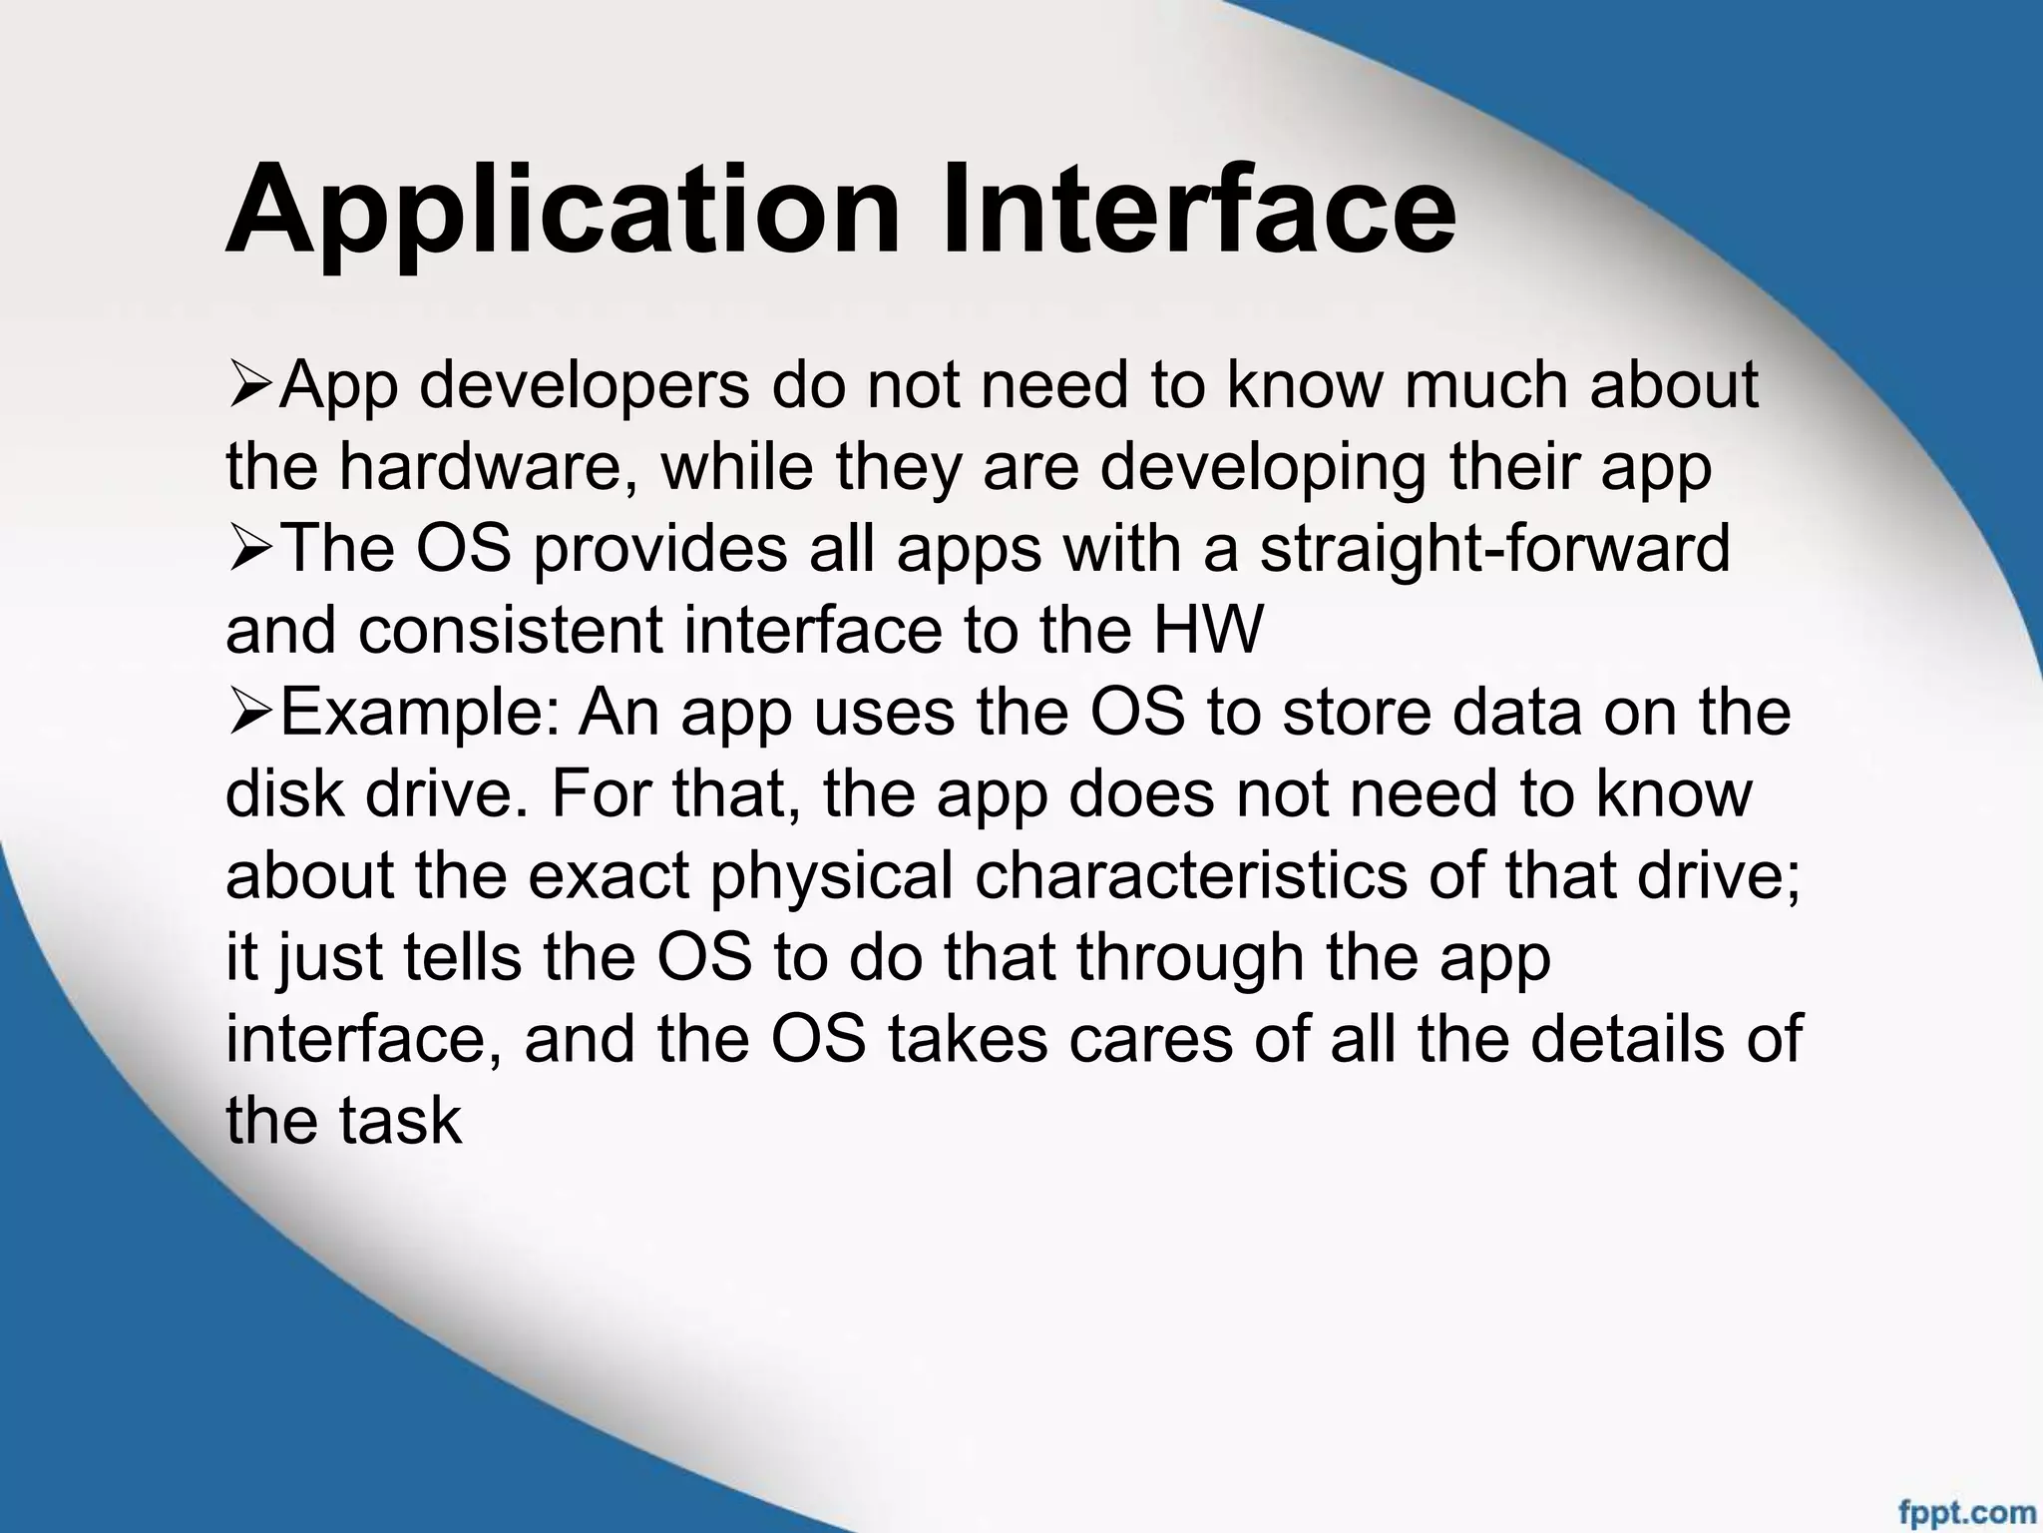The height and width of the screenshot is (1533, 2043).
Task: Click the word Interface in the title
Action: point(1198,210)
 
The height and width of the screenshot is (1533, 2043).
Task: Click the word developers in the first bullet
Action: point(584,387)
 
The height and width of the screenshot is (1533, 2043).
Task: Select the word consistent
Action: point(512,631)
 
